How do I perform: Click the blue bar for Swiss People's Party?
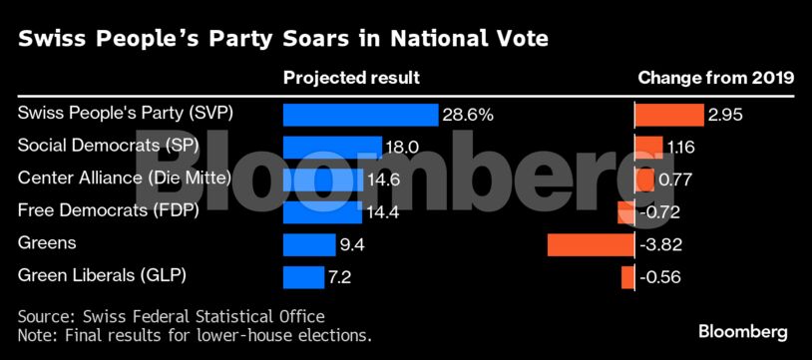coord(360,115)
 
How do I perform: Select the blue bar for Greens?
coord(309,244)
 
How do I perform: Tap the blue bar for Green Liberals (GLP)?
coord(303,276)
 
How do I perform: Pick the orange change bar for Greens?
coord(591,244)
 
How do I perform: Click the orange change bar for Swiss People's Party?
coord(669,115)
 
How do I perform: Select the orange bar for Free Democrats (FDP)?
coord(626,211)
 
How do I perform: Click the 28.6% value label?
coord(468,115)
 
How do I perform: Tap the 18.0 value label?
coord(401,148)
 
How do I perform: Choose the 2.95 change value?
coord(726,115)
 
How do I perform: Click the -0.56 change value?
coord(660,276)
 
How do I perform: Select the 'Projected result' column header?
coord(351,78)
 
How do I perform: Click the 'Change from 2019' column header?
coord(715,78)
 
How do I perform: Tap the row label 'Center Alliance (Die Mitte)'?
coord(125,180)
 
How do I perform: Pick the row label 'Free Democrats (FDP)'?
coord(109,211)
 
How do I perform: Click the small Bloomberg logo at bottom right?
coord(742,331)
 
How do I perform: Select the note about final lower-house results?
coord(195,335)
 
